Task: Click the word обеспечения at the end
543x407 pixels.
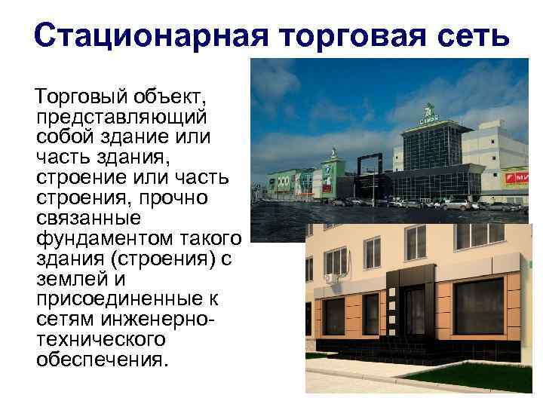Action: pos(98,358)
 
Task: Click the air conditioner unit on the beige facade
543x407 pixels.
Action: pos(331,278)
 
